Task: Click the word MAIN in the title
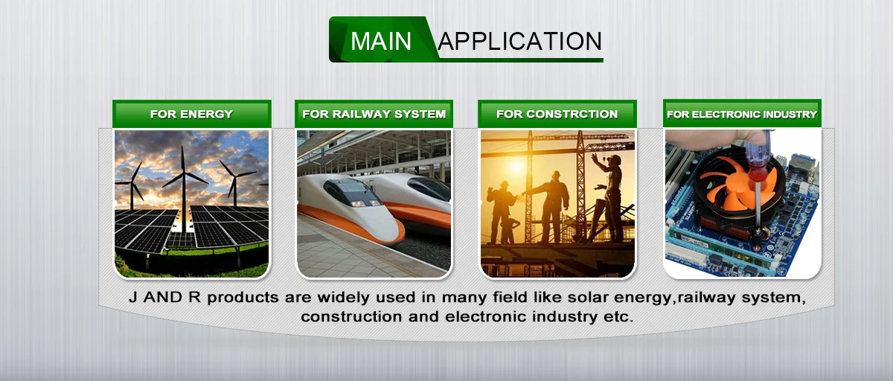coord(381,41)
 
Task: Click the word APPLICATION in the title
coord(520,41)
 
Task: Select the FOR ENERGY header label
coord(192,114)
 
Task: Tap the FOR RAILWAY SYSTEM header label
coord(374,114)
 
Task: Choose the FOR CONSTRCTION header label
coord(557,114)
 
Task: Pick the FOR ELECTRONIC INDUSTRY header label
coord(742,114)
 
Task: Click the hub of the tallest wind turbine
coord(183,173)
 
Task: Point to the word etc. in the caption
coord(618,317)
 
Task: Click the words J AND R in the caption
coord(164,298)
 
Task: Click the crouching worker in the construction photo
coord(510,231)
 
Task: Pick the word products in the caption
coord(243,298)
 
